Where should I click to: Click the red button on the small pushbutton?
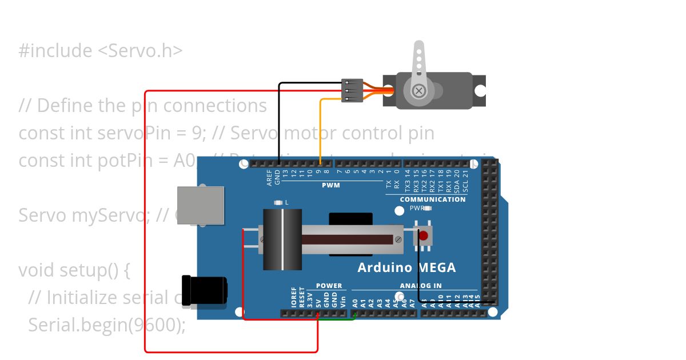[x=423, y=235]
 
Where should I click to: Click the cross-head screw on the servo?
[x=419, y=90]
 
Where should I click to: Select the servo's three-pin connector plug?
[x=352, y=90]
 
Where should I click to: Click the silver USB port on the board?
[x=201, y=205]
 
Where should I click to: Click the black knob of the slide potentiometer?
[x=282, y=239]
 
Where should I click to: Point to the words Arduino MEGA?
[x=406, y=267]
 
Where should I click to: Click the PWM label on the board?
[x=330, y=185]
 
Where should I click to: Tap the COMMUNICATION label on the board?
[x=432, y=199]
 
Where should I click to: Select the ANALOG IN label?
[x=420, y=286]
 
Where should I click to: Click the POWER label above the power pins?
[x=329, y=286]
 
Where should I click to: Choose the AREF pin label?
[x=269, y=178]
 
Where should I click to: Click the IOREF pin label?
[x=294, y=298]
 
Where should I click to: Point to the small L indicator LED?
[x=278, y=202]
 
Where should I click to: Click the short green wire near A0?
[x=337, y=319]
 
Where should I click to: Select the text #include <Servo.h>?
[x=101, y=51]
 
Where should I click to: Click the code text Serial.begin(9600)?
[x=107, y=325]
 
